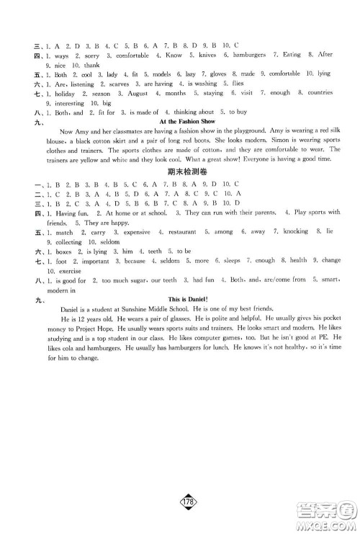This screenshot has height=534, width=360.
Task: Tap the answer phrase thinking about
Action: point(199,112)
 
